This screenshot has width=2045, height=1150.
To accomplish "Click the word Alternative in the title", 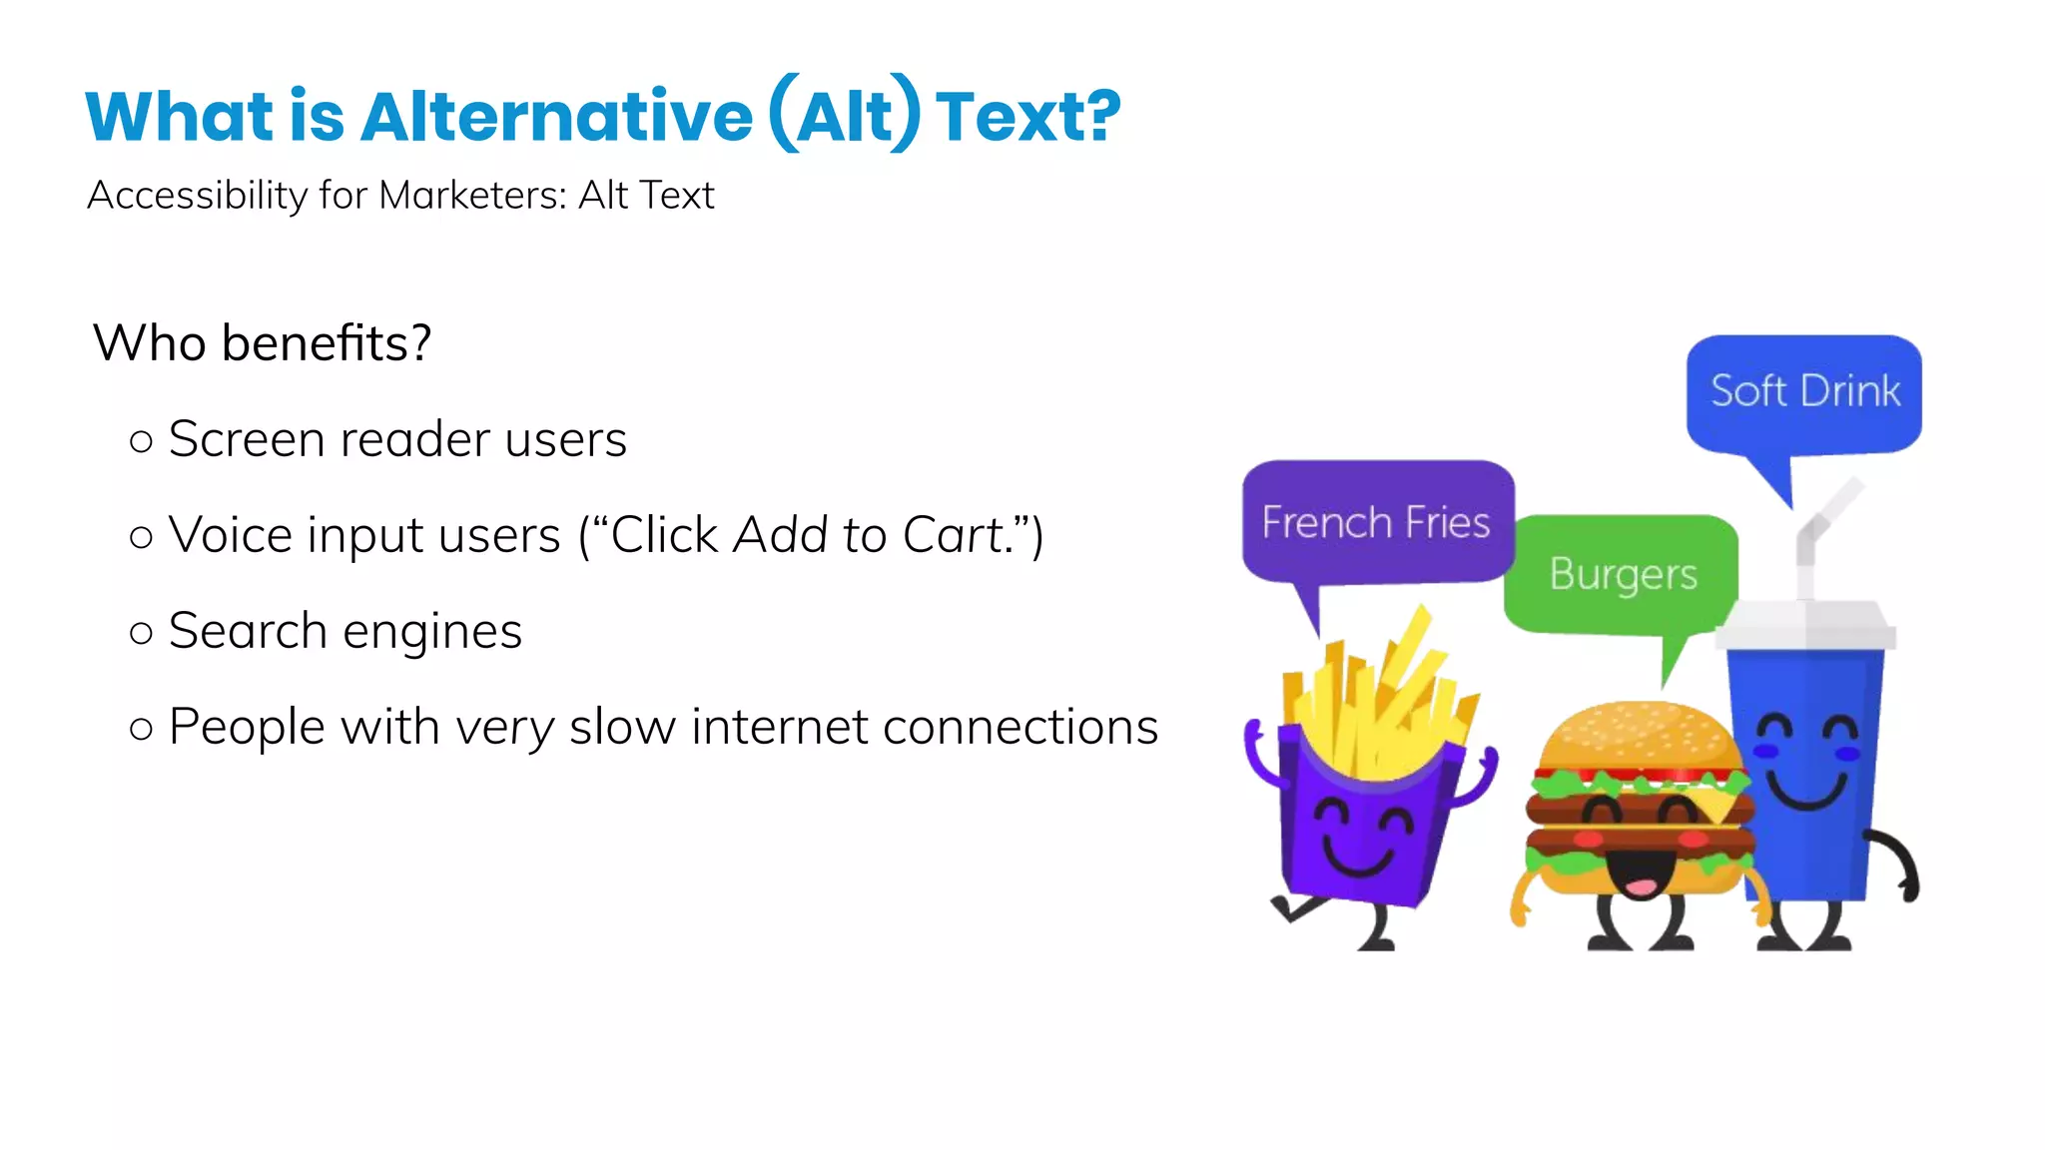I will click(x=556, y=117).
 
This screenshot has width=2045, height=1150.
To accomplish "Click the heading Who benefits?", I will click(x=263, y=343).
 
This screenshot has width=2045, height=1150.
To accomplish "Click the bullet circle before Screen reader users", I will click(x=142, y=441).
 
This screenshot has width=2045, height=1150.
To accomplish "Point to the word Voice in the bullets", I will click(x=231, y=535).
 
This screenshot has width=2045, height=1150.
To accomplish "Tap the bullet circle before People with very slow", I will click(x=142, y=729).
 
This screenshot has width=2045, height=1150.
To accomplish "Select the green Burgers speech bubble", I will click(x=1622, y=573).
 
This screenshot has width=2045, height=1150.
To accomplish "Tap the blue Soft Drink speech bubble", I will click(x=1803, y=391).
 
